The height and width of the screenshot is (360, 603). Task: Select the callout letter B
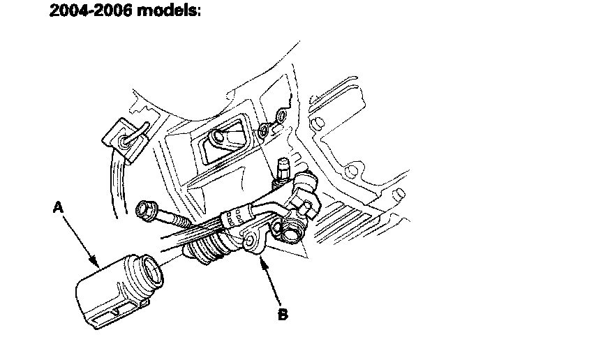click(282, 315)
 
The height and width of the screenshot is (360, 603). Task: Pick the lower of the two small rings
click(264, 130)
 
